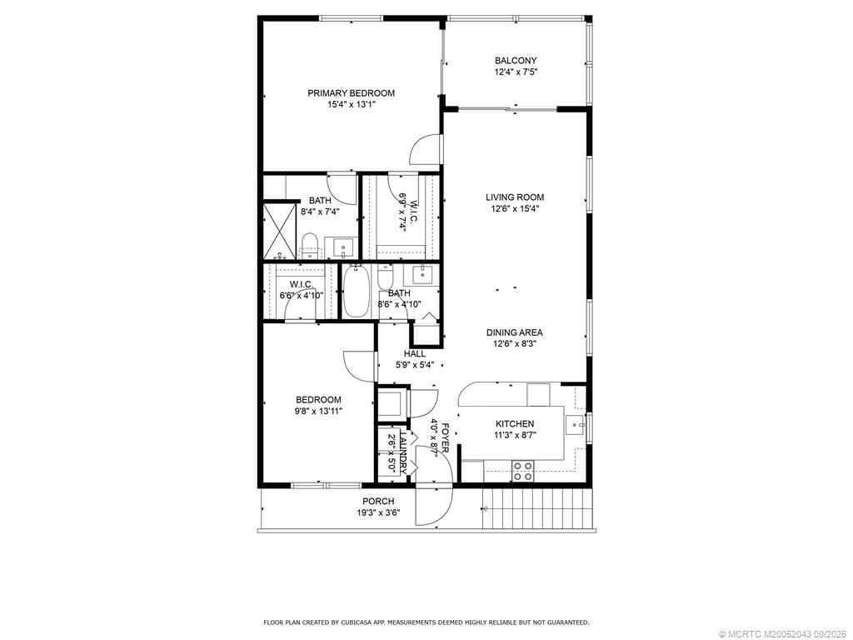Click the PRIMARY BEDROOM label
coord(351,93)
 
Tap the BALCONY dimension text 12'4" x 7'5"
coord(516,72)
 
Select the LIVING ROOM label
coord(515,197)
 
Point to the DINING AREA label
coord(515,332)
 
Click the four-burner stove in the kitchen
coord(522,472)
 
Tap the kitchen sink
coord(575,426)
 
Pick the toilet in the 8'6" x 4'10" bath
coord(385,277)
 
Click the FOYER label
coord(446,437)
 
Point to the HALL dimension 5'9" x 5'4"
coord(414,365)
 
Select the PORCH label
coord(378,502)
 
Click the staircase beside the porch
coord(537,509)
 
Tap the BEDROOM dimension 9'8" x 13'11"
coord(318,411)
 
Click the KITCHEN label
coord(514,424)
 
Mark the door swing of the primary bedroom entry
coord(425,151)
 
